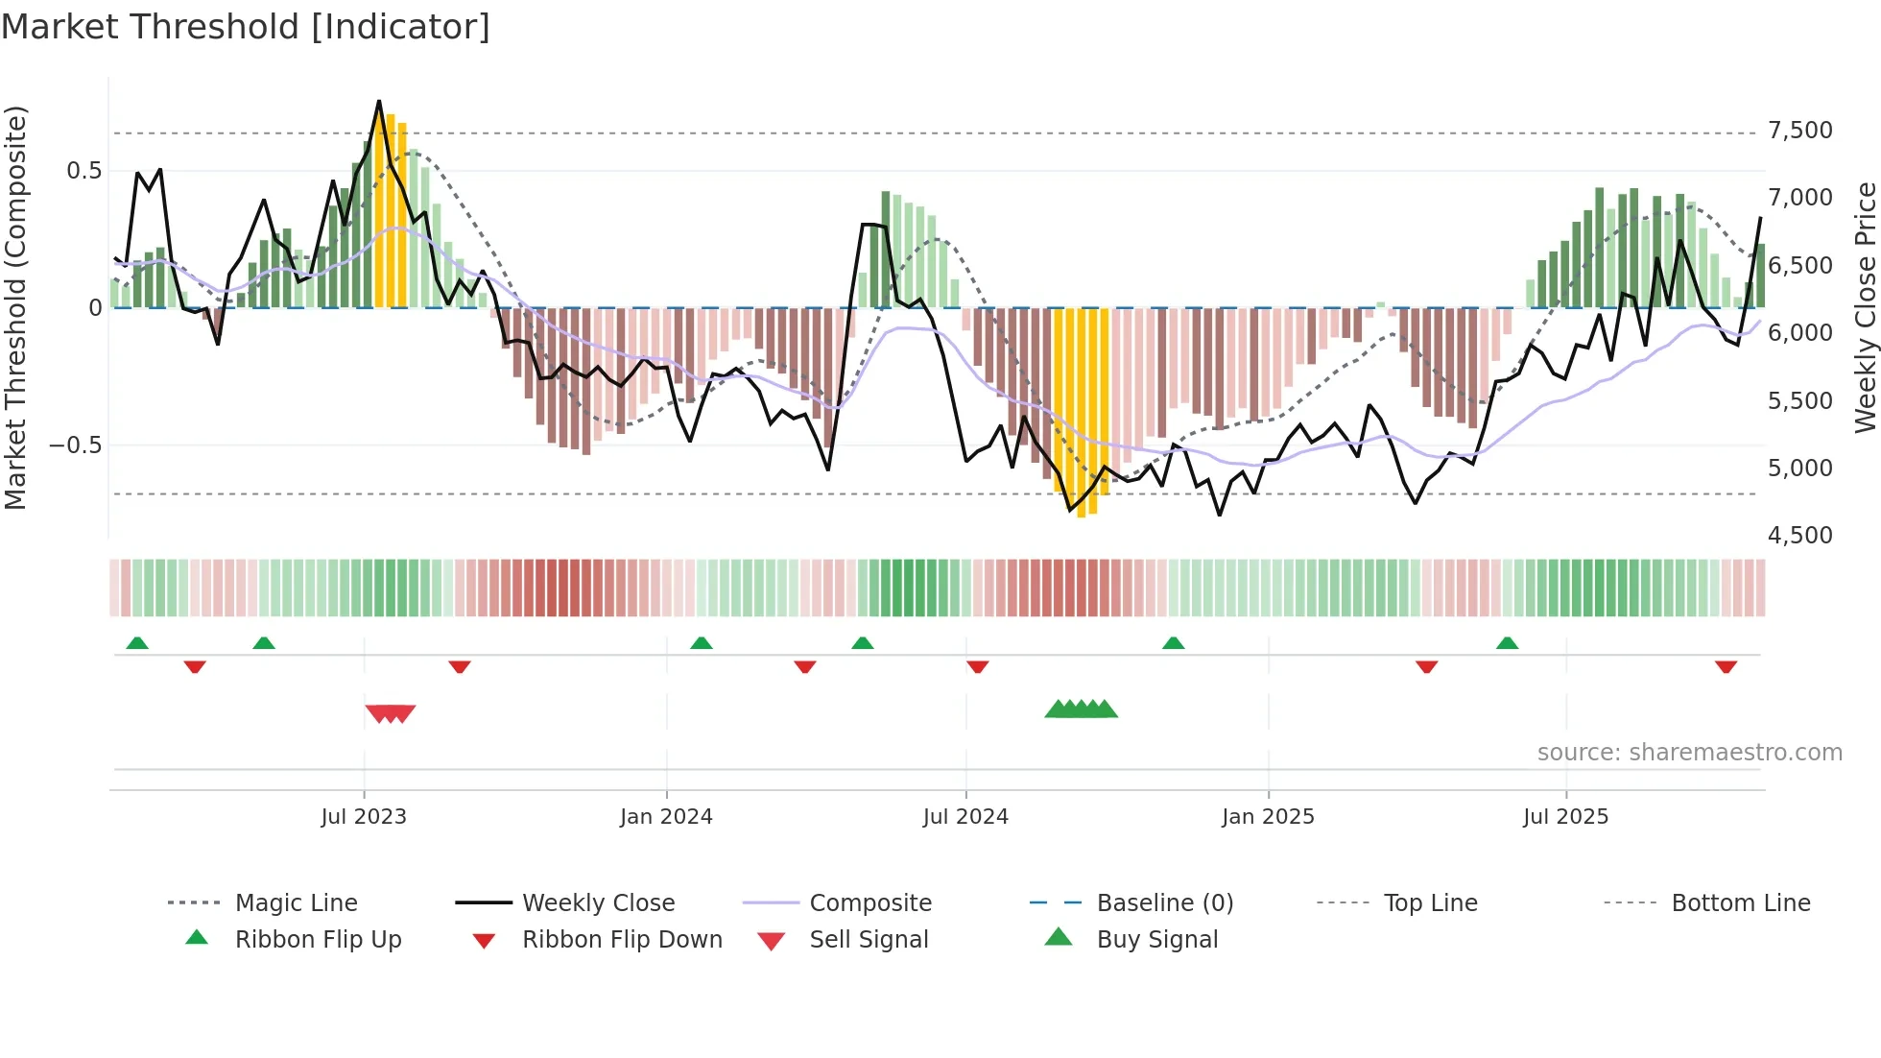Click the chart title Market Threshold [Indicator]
[246, 27]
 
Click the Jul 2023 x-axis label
[364, 817]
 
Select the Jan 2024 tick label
[666, 817]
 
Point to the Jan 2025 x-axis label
[1268, 817]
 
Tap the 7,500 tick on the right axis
[1799, 131]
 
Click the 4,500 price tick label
[1799, 536]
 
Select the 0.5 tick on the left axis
[83, 171]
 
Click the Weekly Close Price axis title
[1865, 307]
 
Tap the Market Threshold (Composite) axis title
[15, 307]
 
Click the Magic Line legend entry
[296, 903]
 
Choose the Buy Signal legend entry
[1156, 940]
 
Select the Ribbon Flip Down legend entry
[621, 940]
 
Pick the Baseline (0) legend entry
[1164, 903]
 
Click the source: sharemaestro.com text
[1689, 753]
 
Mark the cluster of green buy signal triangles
[1082, 709]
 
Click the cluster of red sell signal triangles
[391, 713]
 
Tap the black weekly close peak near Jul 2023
[379, 102]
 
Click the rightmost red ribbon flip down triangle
[1726, 666]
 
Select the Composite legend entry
[869, 903]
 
